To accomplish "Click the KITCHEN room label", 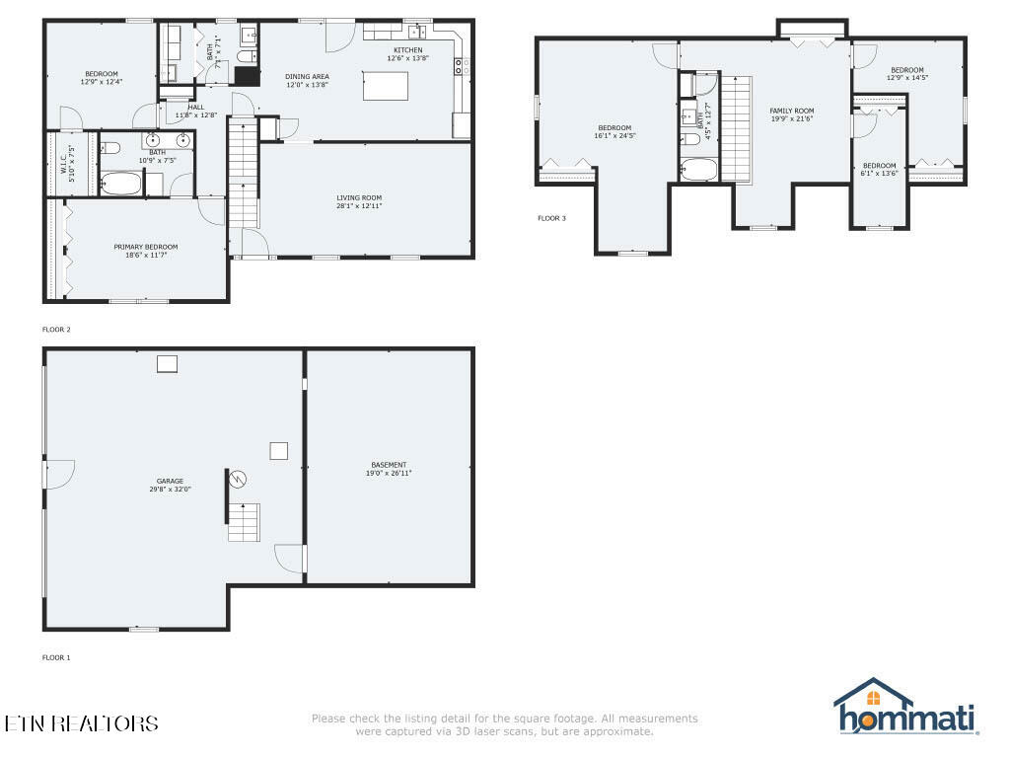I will point(407,50).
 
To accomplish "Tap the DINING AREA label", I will point(307,77).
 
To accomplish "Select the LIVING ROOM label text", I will point(358,197).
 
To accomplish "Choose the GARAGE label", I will point(170,481).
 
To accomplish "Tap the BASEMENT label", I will point(389,465).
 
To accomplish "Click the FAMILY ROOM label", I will point(791,111).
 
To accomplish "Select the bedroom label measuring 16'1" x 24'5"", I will point(613,127).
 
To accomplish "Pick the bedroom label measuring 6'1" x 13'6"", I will point(879,165).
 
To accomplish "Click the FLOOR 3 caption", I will point(551,217).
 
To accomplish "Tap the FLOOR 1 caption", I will point(56,657).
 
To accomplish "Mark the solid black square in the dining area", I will point(246,78).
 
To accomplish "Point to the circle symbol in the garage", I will point(238,479).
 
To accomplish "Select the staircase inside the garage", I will point(244,521).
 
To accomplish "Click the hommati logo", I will point(904,709).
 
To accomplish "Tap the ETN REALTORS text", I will point(81,723).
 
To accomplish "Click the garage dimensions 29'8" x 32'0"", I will point(170,489).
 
